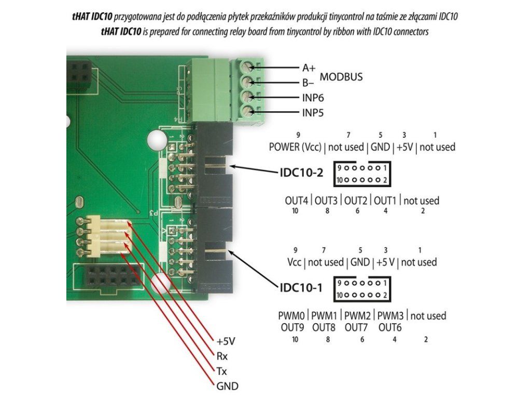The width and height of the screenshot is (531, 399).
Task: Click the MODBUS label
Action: [x=341, y=77]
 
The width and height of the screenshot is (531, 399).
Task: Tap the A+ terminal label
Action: [x=309, y=68]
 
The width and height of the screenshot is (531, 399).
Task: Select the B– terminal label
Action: [x=309, y=82]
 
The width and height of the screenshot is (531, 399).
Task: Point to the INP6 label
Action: [x=313, y=97]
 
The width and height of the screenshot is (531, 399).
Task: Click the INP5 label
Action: [x=313, y=112]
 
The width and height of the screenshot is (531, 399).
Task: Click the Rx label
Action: [x=221, y=356]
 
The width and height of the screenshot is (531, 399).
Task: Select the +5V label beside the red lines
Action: [x=226, y=341]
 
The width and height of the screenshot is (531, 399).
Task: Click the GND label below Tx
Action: [x=227, y=386]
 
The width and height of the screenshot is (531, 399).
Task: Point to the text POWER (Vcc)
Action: [x=295, y=147]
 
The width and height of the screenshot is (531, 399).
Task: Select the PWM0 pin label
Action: [x=291, y=316]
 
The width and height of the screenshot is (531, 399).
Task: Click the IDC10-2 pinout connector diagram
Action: [x=362, y=174]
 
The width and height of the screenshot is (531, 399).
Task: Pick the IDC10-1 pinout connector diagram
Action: [x=362, y=288]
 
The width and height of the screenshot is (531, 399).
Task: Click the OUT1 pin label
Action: [x=385, y=201]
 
